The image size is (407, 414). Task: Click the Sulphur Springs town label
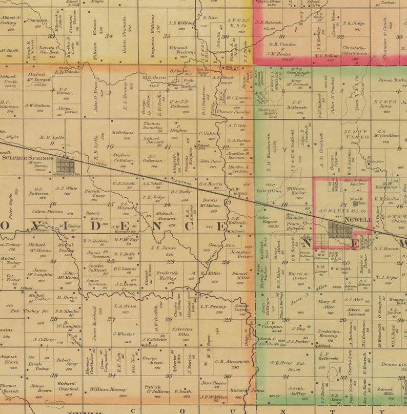pos(28,158)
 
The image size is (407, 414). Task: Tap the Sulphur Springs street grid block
pos(65,165)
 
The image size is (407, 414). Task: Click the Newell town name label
pos(358,219)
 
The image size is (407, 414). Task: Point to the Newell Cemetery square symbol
pos(362,203)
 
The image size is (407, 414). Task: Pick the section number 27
pos(111,319)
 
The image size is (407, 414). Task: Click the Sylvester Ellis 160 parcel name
pos(182,332)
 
